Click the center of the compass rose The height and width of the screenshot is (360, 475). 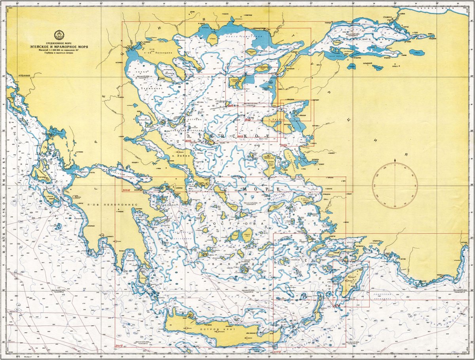click(395, 185)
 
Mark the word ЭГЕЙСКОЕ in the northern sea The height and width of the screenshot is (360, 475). click(228, 136)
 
